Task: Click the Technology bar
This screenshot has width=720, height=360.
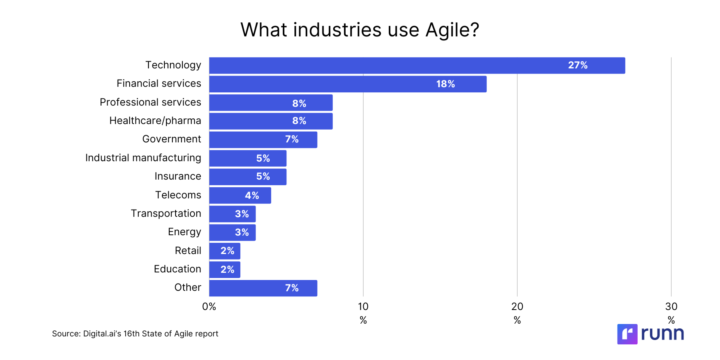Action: click(x=417, y=66)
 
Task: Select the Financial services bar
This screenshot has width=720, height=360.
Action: click(x=348, y=84)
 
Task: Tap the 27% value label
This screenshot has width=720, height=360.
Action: click(x=578, y=65)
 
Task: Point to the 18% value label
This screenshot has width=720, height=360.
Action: click(x=445, y=84)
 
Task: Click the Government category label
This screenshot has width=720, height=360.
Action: click(x=172, y=139)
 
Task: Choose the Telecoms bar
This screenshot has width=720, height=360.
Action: click(x=240, y=196)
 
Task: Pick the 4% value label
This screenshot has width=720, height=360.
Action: click(x=252, y=196)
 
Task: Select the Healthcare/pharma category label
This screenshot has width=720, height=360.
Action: click(x=155, y=121)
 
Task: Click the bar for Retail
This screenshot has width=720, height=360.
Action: click(x=224, y=251)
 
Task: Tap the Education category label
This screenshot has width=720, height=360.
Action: click(x=177, y=269)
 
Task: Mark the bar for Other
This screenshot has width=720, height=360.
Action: click(x=263, y=288)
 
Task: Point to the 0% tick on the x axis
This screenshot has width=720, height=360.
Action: click(x=209, y=307)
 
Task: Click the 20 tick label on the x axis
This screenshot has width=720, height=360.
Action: click(x=517, y=307)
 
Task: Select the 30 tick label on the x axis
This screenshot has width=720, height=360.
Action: click(x=671, y=307)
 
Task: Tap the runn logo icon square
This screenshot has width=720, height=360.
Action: click(x=627, y=334)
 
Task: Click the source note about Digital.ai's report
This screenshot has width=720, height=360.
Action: click(x=135, y=334)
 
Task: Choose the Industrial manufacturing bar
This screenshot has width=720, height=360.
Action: click(x=248, y=158)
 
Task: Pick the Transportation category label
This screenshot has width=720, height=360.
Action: click(x=166, y=214)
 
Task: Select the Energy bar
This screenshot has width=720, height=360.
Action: click(x=232, y=232)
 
